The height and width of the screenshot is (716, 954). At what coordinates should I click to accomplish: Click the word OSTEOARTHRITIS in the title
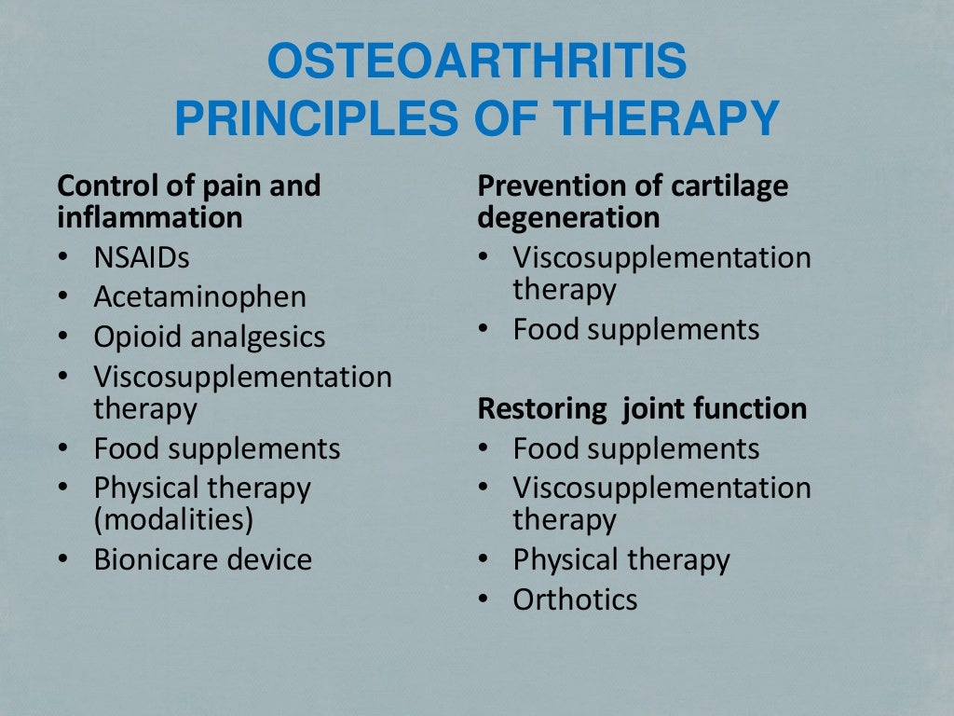pos(476,63)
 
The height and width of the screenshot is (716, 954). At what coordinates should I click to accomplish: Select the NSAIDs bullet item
pos(141,257)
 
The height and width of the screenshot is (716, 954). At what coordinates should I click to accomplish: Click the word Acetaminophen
pos(199,297)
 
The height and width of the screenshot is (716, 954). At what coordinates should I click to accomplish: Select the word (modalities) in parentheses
pos(173,518)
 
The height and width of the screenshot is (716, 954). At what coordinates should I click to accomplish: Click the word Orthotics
pos(575,599)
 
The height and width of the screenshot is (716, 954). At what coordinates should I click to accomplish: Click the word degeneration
pos(568,217)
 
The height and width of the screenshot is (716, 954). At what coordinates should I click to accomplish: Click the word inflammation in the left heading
pos(150,217)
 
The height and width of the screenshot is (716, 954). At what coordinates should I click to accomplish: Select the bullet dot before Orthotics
pos(484,599)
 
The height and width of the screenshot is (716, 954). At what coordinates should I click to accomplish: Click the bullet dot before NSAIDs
pos(62,257)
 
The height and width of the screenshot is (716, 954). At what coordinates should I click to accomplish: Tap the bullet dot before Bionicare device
pos(62,559)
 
